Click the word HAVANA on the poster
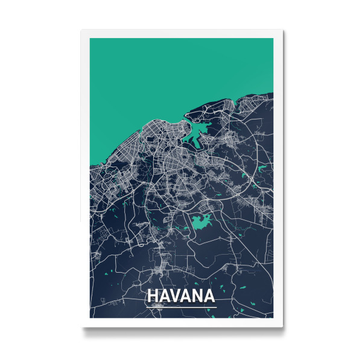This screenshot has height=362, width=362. pos(180,296)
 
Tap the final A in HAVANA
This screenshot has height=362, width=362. pos(209,296)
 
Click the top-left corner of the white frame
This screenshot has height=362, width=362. pos(81,30)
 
